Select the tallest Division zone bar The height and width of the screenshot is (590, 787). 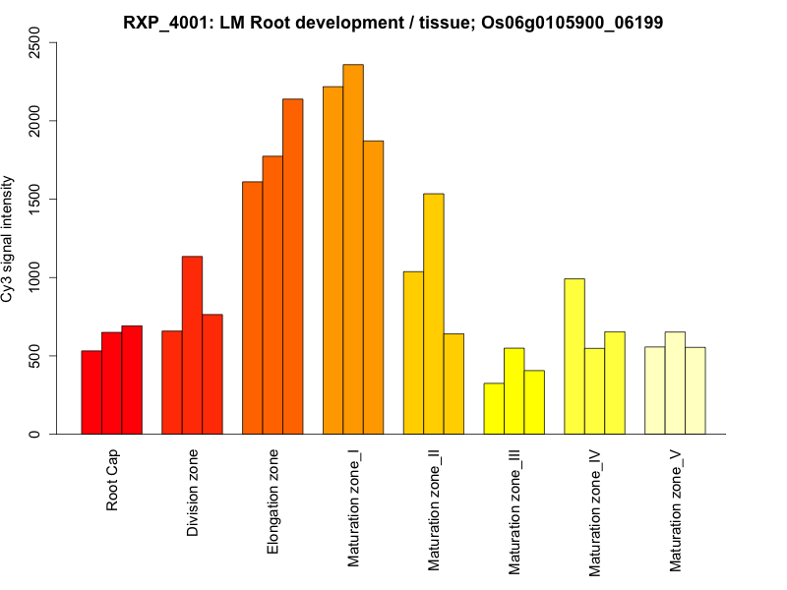coord(192,345)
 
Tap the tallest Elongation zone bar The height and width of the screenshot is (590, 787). coord(293,266)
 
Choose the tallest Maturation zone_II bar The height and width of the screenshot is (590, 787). coord(434,314)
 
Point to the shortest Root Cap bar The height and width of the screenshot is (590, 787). coord(91,392)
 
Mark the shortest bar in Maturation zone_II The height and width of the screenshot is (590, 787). coord(454,383)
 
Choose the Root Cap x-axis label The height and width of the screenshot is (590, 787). coord(113,481)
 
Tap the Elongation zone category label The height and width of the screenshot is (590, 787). coord(272,501)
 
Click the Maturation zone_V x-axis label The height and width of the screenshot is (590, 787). coord(676,509)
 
